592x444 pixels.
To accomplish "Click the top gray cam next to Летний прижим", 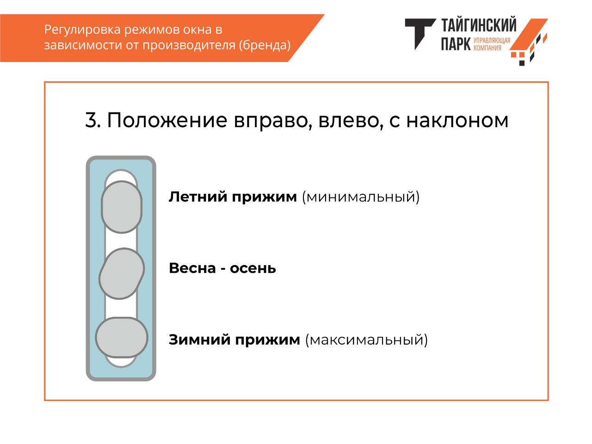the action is [121, 207].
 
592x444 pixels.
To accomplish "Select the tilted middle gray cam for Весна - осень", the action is [122, 273].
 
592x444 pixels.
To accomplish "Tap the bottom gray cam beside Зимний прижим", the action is [121, 337].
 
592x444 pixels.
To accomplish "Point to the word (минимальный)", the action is [361, 197].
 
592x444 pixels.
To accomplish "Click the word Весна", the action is [192, 268].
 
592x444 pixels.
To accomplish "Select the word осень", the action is [253, 269].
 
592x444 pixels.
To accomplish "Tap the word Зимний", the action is [200, 339].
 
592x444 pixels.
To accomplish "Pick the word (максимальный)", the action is [366, 340].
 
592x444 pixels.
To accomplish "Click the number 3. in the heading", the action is [93, 120].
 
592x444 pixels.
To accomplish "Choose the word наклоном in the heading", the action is [457, 120].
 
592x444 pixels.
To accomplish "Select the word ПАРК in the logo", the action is [456, 43].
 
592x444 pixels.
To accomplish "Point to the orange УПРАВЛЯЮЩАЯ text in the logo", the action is [492, 40].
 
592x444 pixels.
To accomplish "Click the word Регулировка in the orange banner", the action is [82, 30].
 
